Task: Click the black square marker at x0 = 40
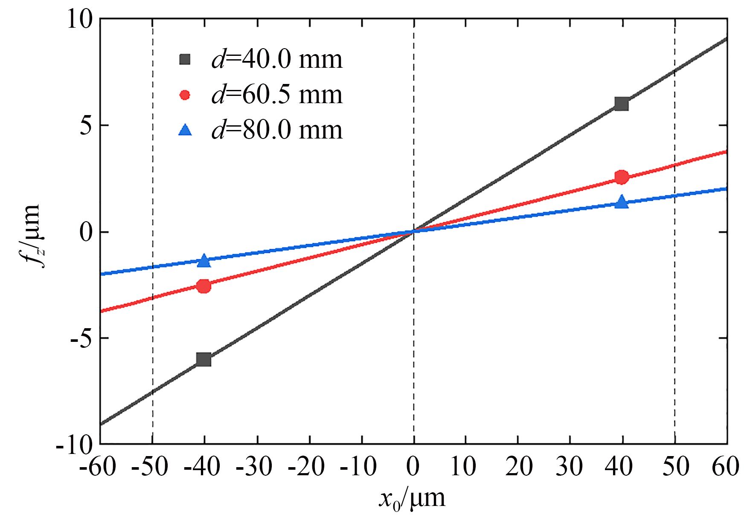pyautogui.click(x=622, y=104)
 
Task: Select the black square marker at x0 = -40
pyautogui.click(x=204, y=359)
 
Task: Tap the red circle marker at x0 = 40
pyautogui.click(x=622, y=177)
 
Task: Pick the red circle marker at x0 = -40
pyautogui.click(x=204, y=286)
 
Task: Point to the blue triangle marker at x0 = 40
pyautogui.click(x=622, y=202)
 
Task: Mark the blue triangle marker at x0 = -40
pyautogui.click(x=204, y=261)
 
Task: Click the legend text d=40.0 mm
pyautogui.click(x=277, y=60)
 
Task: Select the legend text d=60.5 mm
pyautogui.click(x=277, y=95)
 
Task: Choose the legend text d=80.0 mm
pyautogui.click(x=277, y=130)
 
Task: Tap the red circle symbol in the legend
pyautogui.click(x=185, y=95)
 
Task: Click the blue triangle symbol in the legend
pyautogui.click(x=185, y=129)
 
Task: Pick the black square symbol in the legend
pyautogui.click(x=185, y=60)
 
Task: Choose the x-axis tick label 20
pyautogui.click(x=518, y=467)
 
